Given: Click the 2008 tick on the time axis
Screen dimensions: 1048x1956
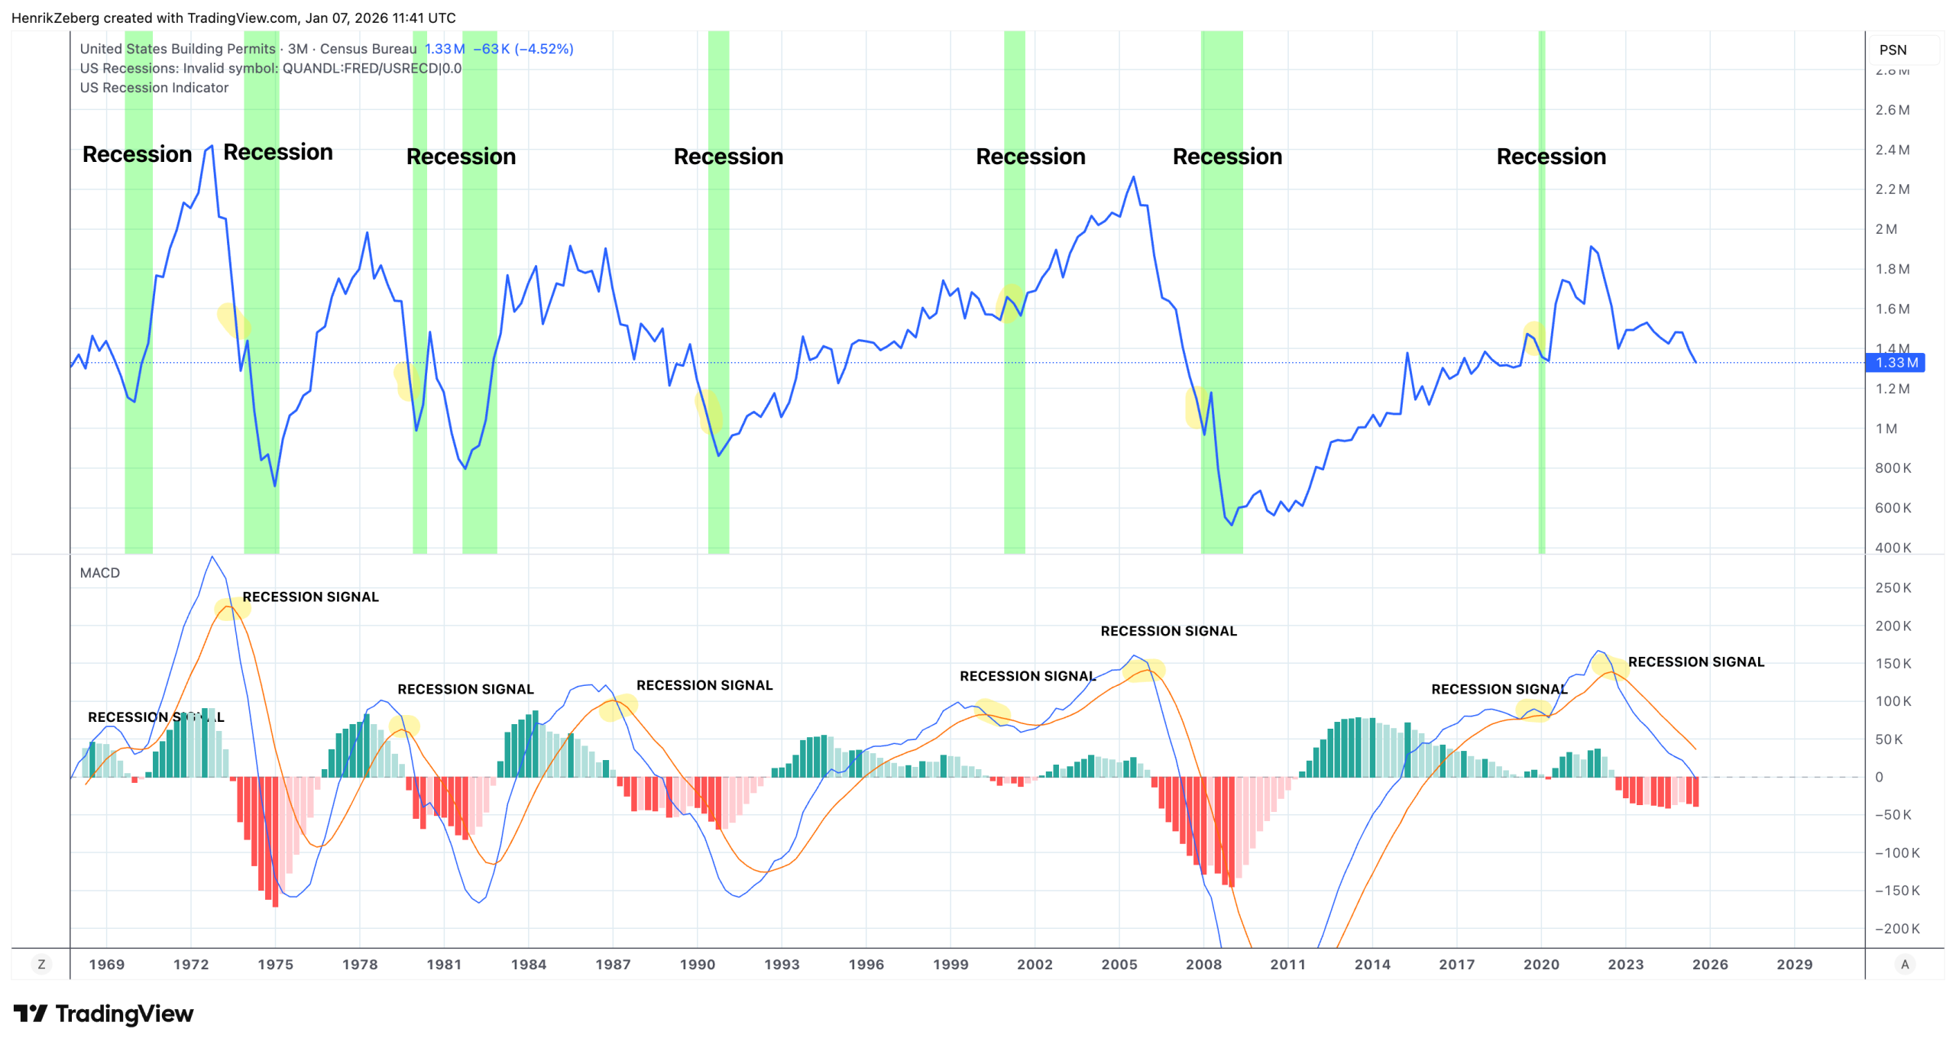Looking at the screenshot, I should click(x=1203, y=965).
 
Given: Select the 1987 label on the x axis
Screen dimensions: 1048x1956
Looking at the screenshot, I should click(x=613, y=965).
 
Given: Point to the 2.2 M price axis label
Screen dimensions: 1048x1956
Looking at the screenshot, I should click(x=1892, y=189).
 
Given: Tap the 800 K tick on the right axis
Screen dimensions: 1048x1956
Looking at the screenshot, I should click(x=1893, y=468).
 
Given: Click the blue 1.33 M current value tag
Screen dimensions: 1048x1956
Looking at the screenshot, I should click(x=1896, y=363).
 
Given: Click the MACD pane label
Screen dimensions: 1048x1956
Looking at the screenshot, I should click(x=99, y=573).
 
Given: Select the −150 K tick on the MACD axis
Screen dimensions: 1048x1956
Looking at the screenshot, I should click(x=1896, y=891).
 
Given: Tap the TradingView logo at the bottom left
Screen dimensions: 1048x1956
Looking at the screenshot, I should click(x=103, y=1014).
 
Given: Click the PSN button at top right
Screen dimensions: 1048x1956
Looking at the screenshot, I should click(x=1893, y=50).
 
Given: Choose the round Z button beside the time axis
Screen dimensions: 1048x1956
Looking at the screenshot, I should click(x=41, y=965).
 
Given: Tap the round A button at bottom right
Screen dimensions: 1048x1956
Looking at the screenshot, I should click(x=1905, y=965).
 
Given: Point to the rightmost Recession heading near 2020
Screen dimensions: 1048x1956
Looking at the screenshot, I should click(x=1551, y=157).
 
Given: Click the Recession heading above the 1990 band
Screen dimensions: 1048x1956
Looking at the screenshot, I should click(x=728, y=157).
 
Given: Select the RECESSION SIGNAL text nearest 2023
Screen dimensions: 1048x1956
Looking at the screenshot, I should click(x=1695, y=662).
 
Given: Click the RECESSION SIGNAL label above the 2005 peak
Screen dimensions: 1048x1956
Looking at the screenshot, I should click(x=1168, y=631).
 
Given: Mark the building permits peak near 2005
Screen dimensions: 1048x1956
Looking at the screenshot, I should click(x=1133, y=177).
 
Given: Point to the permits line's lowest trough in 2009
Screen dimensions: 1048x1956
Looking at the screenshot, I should click(x=1231, y=525).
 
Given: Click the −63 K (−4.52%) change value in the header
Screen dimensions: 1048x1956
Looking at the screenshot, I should click(x=523, y=49).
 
